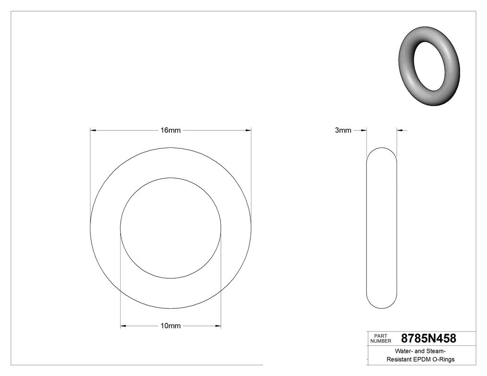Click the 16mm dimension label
pos(170,131)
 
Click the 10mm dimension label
pos(170,326)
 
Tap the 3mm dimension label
pos(343,131)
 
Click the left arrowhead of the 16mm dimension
pos(93,131)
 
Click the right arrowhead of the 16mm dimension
pos(248,131)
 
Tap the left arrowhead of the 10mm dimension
pos(123,326)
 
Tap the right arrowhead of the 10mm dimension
pos(218,326)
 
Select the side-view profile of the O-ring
pos(382,228)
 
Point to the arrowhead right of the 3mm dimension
pos(400,131)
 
